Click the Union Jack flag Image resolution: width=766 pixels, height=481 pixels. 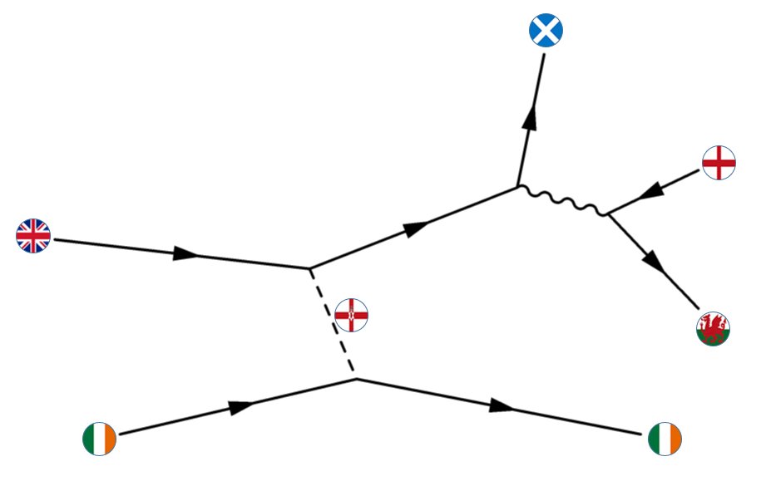(x=33, y=236)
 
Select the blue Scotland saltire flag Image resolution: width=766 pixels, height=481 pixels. (x=546, y=31)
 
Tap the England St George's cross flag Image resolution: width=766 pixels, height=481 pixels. (x=719, y=163)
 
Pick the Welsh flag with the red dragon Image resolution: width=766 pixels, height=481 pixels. (x=713, y=329)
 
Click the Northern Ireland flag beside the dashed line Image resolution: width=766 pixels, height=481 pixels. (x=351, y=315)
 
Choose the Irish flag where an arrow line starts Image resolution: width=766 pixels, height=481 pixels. (x=100, y=439)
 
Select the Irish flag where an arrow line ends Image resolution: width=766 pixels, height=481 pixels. (x=665, y=438)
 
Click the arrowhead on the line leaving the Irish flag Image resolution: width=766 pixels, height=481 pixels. (x=240, y=406)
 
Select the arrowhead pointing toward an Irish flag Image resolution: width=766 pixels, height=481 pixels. (x=502, y=405)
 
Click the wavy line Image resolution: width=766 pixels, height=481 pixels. (x=564, y=200)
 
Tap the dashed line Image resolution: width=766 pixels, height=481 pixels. (x=332, y=323)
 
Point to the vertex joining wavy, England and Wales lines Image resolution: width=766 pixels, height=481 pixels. (x=608, y=214)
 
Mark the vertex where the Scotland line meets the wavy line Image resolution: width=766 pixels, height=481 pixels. (x=518, y=186)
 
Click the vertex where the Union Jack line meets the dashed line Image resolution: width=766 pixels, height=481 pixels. (x=309, y=268)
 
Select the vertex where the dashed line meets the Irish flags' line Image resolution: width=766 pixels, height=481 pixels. (x=356, y=380)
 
